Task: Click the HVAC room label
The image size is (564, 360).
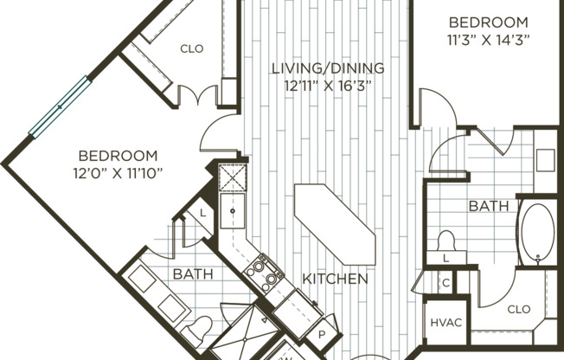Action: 446,322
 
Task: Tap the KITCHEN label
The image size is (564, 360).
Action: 336,279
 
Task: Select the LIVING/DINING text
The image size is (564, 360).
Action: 328,68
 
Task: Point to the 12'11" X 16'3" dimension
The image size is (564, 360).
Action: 328,87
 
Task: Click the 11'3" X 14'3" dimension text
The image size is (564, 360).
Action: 489,40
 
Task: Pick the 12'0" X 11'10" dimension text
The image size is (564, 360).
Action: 118,174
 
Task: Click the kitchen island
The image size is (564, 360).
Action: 335,225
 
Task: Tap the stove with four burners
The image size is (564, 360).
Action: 264,273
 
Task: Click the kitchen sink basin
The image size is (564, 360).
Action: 233,211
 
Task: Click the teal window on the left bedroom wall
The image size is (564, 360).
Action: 60,107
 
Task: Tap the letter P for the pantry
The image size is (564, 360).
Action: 322,334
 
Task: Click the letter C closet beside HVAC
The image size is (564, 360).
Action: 446,283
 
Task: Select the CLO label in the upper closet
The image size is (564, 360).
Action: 192,48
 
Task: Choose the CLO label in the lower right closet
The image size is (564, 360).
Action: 519,309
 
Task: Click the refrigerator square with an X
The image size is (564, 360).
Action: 233,177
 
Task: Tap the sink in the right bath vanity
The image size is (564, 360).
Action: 545,160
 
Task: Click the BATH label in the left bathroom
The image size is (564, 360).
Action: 193,274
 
